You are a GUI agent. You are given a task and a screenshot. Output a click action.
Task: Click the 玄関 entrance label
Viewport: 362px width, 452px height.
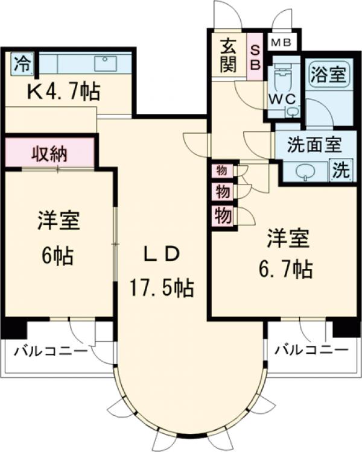[x=228, y=55]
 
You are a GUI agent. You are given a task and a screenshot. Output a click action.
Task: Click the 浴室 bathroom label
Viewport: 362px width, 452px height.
[x=328, y=75]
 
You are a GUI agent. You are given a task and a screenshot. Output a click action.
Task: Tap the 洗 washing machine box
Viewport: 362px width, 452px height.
[x=341, y=171]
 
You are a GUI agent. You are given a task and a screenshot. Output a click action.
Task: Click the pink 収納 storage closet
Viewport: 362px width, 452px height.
[x=49, y=153]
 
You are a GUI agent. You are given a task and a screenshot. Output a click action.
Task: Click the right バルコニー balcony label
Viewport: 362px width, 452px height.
[x=311, y=350]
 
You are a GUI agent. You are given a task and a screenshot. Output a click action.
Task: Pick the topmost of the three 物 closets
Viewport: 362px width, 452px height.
[x=222, y=171]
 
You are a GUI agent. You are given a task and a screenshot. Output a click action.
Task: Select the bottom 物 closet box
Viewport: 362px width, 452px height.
[x=222, y=215]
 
